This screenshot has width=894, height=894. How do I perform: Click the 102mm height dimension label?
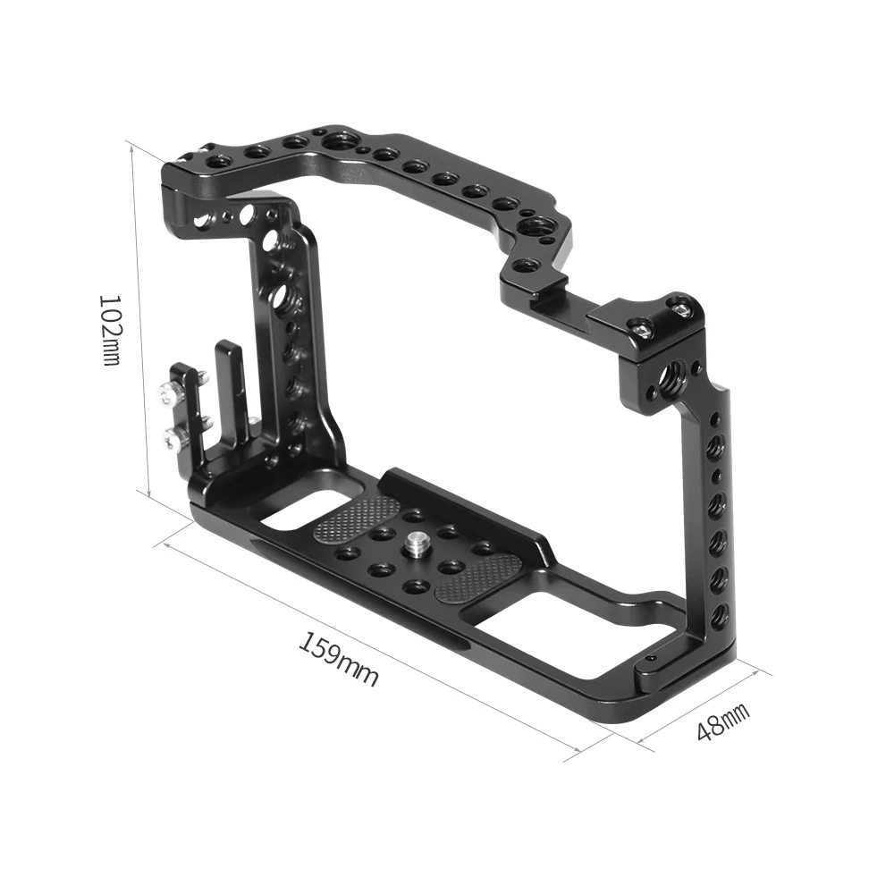pos(109,330)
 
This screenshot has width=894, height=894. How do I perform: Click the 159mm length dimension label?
pos(338,659)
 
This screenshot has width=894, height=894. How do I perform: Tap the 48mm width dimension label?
pos(722,721)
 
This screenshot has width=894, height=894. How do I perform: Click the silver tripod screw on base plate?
pos(416,541)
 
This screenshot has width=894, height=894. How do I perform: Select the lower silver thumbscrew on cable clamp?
pos(173,437)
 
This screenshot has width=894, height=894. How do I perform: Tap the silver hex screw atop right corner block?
pos(681,308)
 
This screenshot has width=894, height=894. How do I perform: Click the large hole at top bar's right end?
pos(539,229)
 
